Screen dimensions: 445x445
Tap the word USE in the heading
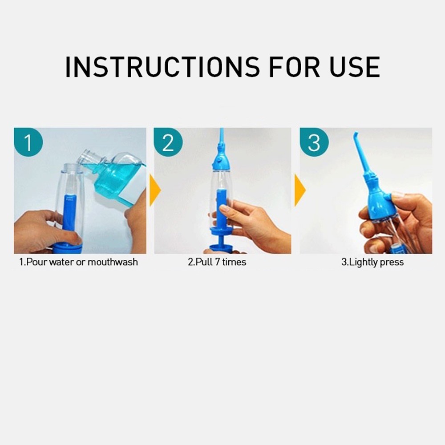(355, 67)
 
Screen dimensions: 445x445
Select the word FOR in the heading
(294, 67)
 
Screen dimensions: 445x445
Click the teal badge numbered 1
(28, 142)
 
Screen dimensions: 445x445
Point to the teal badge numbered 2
(168, 142)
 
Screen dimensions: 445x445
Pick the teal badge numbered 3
(314, 142)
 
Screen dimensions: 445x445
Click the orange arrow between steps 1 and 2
(155, 190)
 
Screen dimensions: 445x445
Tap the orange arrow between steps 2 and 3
(300, 190)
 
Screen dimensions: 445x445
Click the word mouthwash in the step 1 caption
(113, 262)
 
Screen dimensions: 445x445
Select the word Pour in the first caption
(36, 262)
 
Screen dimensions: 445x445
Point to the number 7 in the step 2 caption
(218, 262)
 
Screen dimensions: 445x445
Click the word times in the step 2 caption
(234, 262)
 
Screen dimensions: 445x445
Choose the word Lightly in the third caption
(363, 262)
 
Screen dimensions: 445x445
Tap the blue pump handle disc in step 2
(222, 230)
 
